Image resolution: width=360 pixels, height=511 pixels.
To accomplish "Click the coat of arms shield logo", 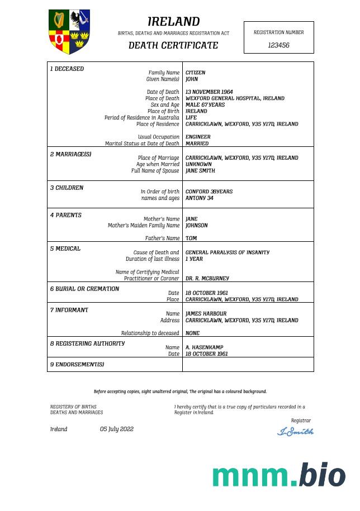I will pyautogui.click(x=69, y=31).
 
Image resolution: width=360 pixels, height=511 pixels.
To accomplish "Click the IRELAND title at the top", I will pyautogui.click(x=173, y=22).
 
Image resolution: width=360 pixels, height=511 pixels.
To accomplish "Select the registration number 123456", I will pyautogui.click(x=278, y=45).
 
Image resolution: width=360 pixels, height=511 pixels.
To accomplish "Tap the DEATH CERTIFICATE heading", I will pyautogui.click(x=173, y=45).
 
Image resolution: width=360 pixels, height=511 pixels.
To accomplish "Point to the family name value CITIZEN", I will pyautogui.click(x=195, y=73).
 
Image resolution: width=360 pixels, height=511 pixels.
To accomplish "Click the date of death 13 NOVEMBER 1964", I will pyautogui.click(x=209, y=92).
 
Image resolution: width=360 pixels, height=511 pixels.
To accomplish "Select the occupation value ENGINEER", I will pyautogui.click(x=198, y=137).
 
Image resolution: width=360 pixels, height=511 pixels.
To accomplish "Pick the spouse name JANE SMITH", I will pyautogui.click(x=200, y=171).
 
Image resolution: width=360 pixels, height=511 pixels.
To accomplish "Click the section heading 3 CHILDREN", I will pyautogui.click(x=67, y=188).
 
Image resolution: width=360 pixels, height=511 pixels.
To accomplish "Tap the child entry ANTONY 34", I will pyautogui.click(x=199, y=198).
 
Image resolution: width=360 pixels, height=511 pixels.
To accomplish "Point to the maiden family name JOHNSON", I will pyautogui.click(x=196, y=226).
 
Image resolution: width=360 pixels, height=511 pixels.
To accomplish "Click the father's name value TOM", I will pyautogui.click(x=191, y=238).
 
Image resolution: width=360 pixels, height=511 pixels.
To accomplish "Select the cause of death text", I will pyautogui.click(x=227, y=252).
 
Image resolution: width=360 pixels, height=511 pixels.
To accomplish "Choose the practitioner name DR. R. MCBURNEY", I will pyautogui.click(x=207, y=278).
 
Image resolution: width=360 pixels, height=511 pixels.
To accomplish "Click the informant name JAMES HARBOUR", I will pyautogui.click(x=206, y=314).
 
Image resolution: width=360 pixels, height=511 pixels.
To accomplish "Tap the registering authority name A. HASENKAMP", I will pyautogui.click(x=204, y=347).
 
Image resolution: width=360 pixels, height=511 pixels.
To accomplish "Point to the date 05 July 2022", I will pyautogui.click(x=117, y=429).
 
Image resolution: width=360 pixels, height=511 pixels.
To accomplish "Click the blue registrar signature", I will pyautogui.click(x=295, y=431).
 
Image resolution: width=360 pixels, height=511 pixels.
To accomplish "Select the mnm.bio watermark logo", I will pyautogui.click(x=278, y=476).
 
